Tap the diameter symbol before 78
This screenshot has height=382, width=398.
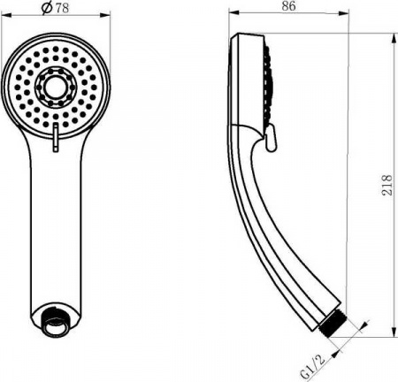click(46, 10)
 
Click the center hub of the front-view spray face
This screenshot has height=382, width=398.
click(57, 86)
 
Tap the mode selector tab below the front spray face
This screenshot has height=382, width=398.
click(57, 137)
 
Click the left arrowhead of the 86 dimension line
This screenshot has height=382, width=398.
click(231, 12)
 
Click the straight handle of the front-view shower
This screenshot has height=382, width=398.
click(57, 230)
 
